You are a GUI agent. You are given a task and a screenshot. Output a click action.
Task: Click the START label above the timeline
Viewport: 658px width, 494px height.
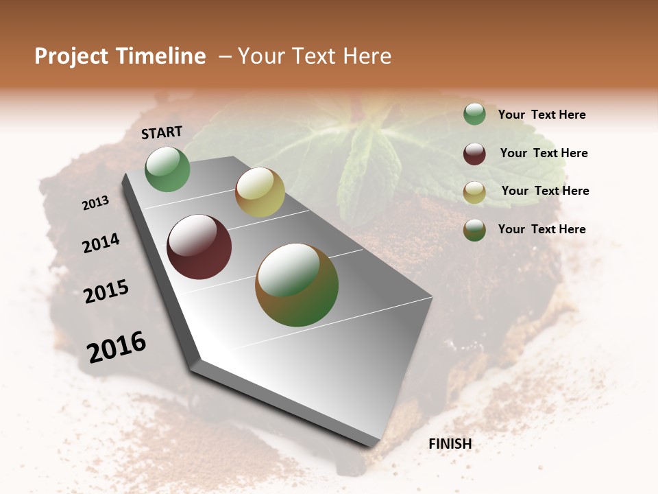pyautogui.click(x=162, y=132)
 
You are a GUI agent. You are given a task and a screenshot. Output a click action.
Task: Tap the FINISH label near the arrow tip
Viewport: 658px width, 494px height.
pyautogui.click(x=450, y=444)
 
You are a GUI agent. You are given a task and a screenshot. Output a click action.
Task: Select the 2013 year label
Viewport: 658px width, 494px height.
pyautogui.click(x=96, y=203)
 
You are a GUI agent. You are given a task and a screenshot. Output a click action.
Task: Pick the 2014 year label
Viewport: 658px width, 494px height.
pyautogui.click(x=101, y=243)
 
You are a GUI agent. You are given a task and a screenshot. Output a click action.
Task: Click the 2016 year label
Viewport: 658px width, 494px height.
pyautogui.click(x=117, y=347)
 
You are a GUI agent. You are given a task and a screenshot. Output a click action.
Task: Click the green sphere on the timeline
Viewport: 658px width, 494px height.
pyautogui.click(x=167, y=169)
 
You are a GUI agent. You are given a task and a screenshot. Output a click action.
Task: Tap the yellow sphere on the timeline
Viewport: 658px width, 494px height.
pyautogui.click(x=260, y=192)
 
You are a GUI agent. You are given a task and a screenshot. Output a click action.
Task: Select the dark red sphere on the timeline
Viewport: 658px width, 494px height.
pyautogui.click(x=199, y=247)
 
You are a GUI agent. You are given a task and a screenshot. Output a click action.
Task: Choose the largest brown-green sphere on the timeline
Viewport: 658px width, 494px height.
pyautogui.click(x=297, y=285)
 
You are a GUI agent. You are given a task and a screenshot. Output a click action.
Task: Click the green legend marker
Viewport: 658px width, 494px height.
pyautogui.click(x=474, y=114)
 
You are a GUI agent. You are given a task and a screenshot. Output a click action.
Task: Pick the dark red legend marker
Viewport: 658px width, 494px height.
pyautogui.click(x=474, y=154)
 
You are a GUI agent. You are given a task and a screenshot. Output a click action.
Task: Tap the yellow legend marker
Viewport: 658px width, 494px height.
pyautogui.click(x=474, y=192)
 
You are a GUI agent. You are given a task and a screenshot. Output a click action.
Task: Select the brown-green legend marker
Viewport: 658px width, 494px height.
pyautogui.click(x=474, y=230)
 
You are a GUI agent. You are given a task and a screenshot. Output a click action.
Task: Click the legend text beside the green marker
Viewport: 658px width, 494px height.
pyautogui.click(x=541, y=115)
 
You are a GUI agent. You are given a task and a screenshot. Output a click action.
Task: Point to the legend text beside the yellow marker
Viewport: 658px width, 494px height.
pyautogui.click(x=545, y=191)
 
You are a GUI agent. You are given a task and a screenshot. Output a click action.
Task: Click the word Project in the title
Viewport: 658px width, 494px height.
pyautogui.click(x=71, y=56)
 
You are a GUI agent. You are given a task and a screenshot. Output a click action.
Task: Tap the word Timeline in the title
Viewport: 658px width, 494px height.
pyautogui.click(x=161, y=56)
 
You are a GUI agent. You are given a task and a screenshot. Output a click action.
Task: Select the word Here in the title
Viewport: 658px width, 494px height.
pyautogui.click(x=367, y=56)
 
